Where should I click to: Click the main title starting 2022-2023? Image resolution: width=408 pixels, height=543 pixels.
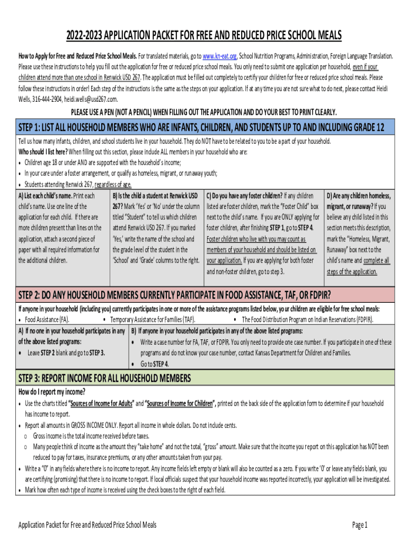click(x=204, y=36)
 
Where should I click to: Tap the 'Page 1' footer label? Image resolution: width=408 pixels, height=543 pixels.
click(x=360, y=525)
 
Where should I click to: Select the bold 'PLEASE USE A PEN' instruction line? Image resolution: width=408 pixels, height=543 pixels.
click(x=204, y=112)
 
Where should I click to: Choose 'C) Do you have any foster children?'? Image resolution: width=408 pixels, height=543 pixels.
click(x=244, y=196)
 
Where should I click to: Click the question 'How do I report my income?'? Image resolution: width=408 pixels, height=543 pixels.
click(x=52, y=392)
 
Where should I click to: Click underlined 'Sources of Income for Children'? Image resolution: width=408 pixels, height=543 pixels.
click(x=180, y=404)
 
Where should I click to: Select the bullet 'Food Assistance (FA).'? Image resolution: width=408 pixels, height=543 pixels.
click(x=47, y=320)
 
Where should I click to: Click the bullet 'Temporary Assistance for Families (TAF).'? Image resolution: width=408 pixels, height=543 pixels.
click(x=153, y=320)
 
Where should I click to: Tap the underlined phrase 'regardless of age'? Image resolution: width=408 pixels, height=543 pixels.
click(x=113, y=185)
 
